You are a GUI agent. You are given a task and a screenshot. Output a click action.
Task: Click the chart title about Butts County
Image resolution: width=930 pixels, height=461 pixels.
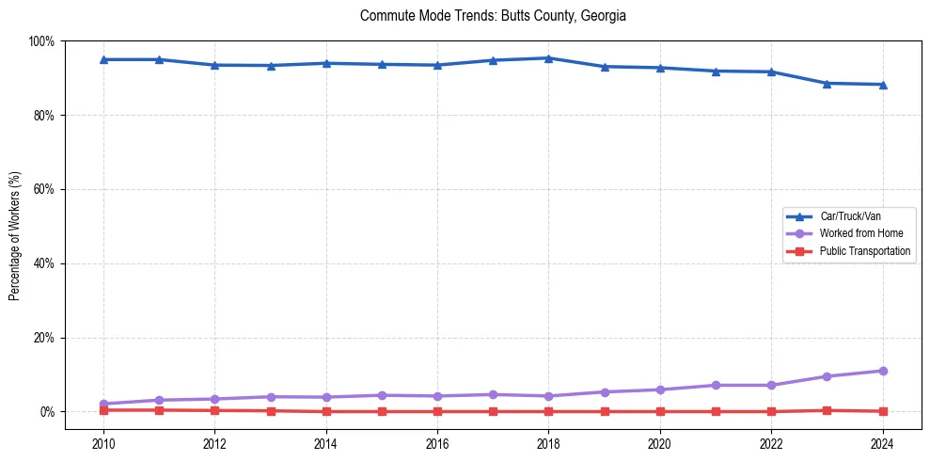click(x=493, y=16)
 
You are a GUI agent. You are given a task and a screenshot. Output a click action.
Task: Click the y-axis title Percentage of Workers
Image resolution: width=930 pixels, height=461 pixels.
click(x=15, y=235)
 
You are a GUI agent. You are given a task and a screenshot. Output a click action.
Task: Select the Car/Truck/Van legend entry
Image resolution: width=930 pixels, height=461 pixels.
click(x=850, y=216)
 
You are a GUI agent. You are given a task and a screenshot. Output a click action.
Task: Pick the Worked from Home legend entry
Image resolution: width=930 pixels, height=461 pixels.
click(x=860, y=233)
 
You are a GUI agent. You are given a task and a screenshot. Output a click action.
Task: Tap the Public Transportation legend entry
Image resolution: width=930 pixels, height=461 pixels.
click(x=865, y=251)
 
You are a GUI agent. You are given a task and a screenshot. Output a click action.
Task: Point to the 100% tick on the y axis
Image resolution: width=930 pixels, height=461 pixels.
click(x=41, y=41)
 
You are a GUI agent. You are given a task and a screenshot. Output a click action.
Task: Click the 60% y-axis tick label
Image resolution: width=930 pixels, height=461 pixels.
click(x=44, y=189)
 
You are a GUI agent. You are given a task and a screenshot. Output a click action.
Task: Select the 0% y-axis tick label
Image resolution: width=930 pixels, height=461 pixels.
click(x=47, y=412)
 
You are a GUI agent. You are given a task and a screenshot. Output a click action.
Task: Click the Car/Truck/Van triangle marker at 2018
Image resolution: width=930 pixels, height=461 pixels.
click(x=548, y=58)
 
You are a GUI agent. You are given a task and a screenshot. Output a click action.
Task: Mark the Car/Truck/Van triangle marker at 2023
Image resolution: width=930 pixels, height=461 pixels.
click(x=827, y=83)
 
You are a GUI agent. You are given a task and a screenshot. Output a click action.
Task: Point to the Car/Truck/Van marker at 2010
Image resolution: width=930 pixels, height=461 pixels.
click(x=103, y=59)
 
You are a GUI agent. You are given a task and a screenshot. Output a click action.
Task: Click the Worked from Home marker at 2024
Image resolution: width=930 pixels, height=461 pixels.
click(x=882, y=371)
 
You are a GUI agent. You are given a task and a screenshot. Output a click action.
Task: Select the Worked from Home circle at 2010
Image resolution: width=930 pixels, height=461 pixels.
click(x=103, y=404)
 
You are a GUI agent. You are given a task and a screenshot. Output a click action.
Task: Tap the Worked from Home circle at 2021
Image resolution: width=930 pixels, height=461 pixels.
click(x=716, y=385)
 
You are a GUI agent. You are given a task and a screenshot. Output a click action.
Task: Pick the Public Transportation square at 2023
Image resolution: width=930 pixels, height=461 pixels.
click(x=827, y=410)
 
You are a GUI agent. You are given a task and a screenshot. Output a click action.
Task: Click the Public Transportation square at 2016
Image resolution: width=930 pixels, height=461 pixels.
click(x=437, y=411)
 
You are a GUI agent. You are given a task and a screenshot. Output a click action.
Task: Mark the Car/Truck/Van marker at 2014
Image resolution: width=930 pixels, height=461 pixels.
click(x=326, y=63)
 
